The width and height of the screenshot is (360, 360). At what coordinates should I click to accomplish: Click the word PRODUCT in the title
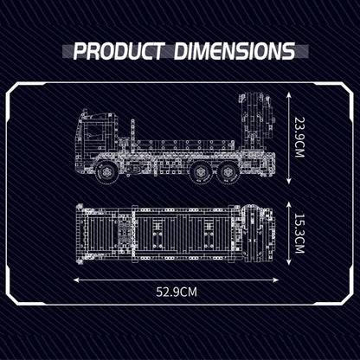[118, 51]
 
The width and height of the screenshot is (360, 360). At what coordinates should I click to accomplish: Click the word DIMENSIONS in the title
[235, 51]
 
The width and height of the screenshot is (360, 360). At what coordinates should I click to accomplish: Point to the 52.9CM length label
[177, 292]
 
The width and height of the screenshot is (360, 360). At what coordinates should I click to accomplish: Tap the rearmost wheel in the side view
[228, 172]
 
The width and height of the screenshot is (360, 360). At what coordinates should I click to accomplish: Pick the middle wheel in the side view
[201, 172]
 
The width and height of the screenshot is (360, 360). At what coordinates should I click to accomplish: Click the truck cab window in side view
[96, 132]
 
